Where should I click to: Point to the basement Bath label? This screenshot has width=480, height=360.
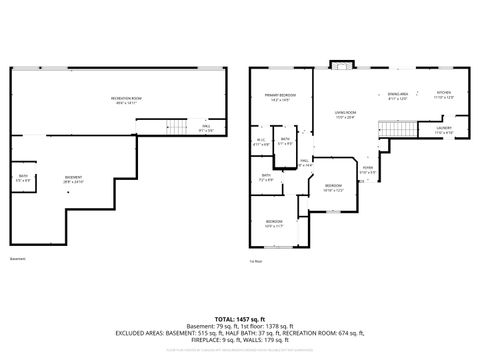pyautogui.click(x=23, y=178)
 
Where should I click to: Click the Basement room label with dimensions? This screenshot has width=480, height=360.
pyautogui.click(x=75, y=180)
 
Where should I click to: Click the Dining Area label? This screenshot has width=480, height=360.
pyautogui.click(x=397, y=96)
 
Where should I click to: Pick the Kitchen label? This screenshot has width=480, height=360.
pyautogui.click(x=444, y=96)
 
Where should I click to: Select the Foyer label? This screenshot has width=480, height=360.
pyautogui.click(x=368, y=170)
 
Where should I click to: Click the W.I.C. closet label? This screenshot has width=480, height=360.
pyautogui.click(x=262, y=141)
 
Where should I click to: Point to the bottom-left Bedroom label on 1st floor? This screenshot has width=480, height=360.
pyautogui.click(x=275, y=223)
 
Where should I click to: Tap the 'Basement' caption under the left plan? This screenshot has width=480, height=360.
pyautogui.click(x=18, y=258)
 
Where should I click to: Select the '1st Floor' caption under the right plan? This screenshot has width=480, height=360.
pyautogui.click(x=256, y=262)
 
